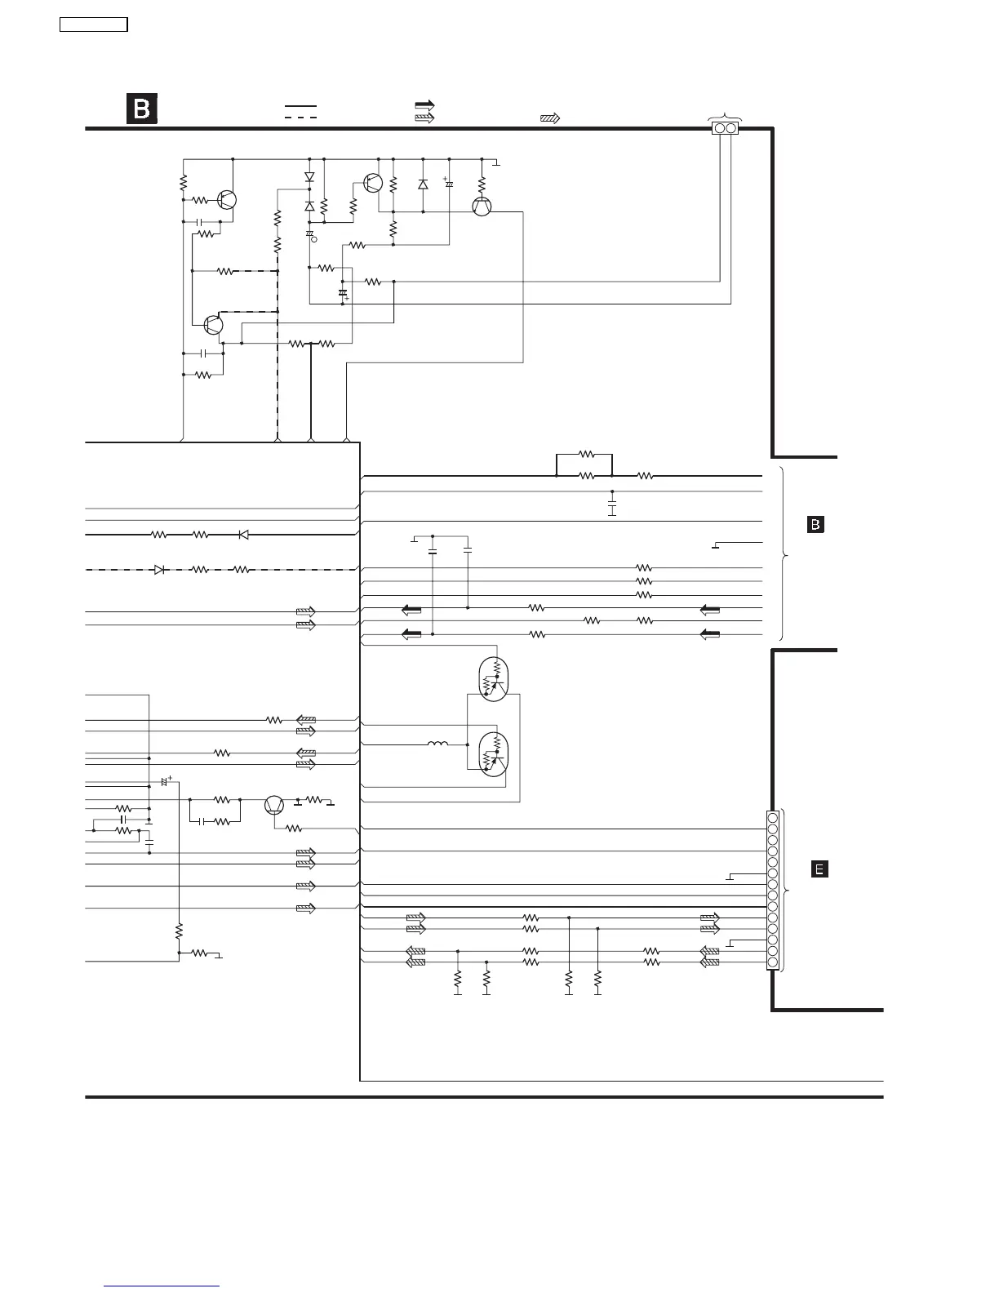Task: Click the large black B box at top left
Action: click(141, 109)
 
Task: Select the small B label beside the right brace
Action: click(815, 525)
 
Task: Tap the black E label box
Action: click(819, 869)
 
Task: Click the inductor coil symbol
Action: click(437, 744)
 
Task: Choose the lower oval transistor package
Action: click(492, 755)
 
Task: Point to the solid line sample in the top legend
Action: click(300, 106)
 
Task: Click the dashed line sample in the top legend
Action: click(300, 118)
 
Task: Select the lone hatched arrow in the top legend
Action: click(549, 118)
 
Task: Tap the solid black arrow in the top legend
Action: click(424, 105)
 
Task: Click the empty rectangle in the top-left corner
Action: click(94, 24)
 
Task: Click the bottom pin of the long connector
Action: click(772, 963)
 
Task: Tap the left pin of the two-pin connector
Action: click(720, 128)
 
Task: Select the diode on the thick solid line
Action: click(242, 535)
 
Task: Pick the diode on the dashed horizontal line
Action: click(160, 570)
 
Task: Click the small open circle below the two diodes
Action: click(315, 240)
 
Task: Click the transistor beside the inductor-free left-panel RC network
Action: click(275, 805)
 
